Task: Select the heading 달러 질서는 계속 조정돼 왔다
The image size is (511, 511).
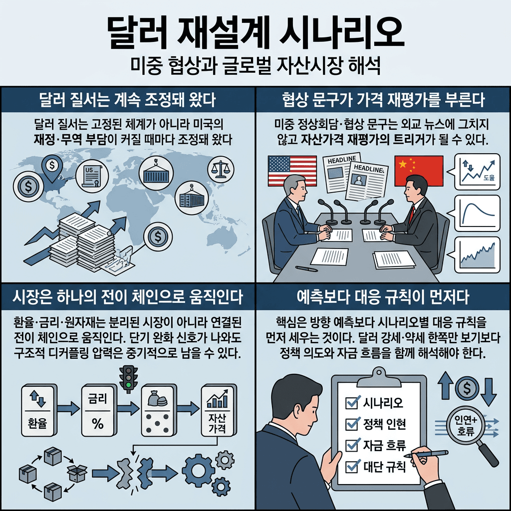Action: (x=127, y=100)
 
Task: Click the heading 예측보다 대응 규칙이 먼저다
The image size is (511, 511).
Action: (x=383, y=298)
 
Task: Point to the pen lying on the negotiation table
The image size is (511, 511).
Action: (x=306, y=269)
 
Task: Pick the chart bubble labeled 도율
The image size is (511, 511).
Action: (x=477, y=172)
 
